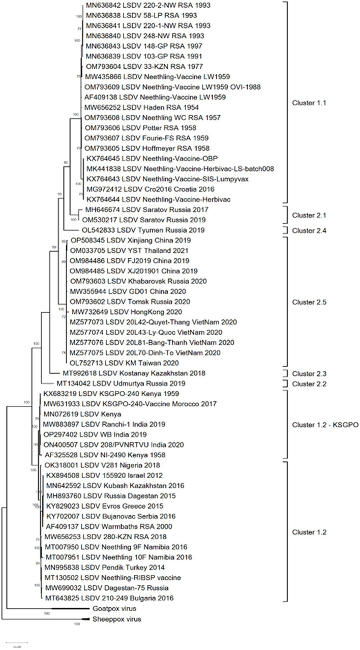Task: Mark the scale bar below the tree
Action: [x=17, y=643]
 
